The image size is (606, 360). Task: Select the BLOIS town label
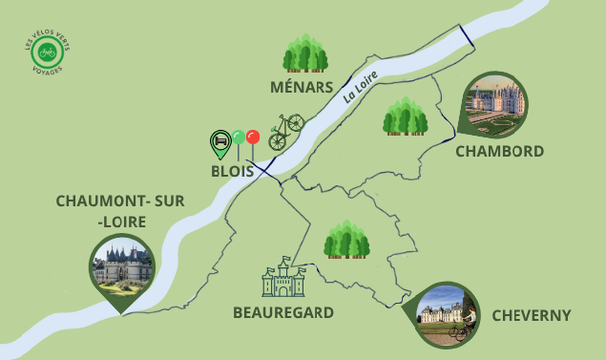232,172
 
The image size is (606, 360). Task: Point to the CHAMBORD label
499,151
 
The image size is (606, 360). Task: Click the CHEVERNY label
531,315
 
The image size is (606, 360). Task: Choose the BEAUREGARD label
283,312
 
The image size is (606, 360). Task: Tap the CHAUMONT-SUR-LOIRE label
120,212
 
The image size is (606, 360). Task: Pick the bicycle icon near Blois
285,132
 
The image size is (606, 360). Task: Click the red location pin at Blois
253,138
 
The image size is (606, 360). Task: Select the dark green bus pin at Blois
220,143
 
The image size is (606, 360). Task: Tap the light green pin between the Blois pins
238,139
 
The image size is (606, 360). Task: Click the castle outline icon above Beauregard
283,277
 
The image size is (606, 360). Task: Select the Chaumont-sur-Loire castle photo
121,265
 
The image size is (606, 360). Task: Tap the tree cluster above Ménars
305,53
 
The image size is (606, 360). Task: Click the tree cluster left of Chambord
405,116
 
